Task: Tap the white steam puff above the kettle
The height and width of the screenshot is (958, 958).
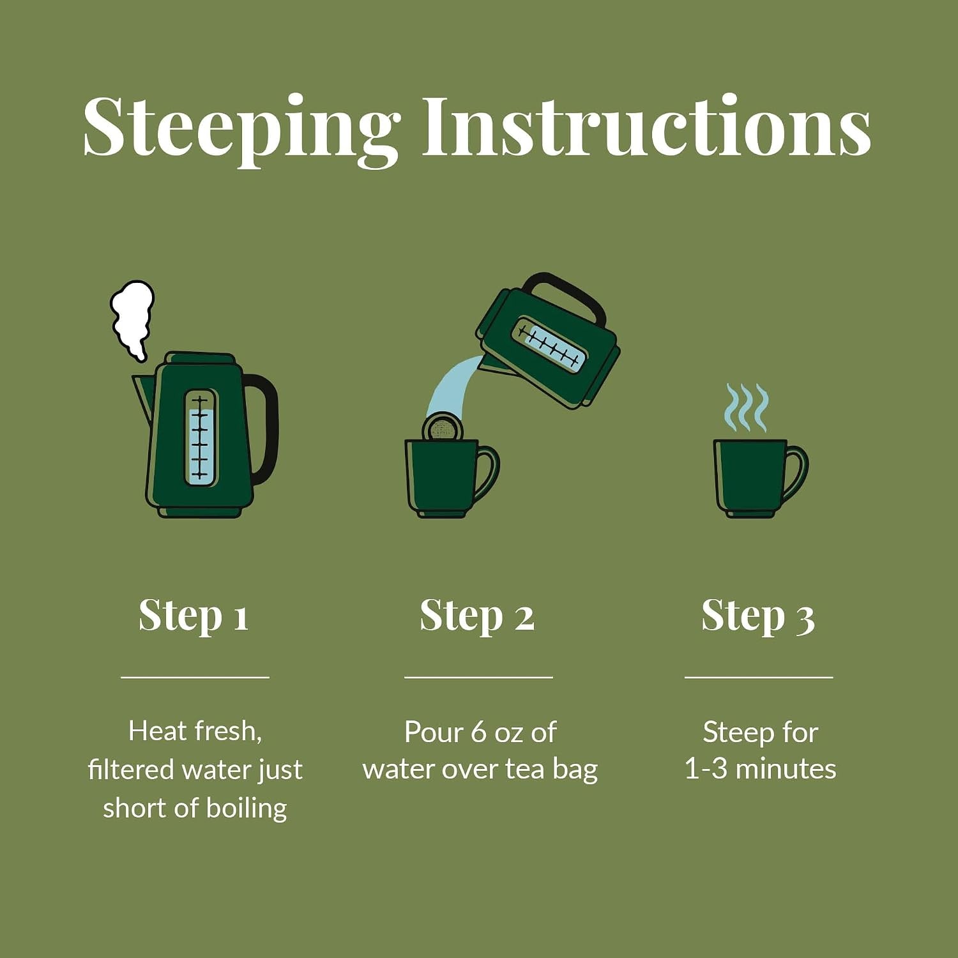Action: [132, 320]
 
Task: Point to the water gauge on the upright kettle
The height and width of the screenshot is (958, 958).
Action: [201, 438]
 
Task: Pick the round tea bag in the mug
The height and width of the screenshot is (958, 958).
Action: [441, 427]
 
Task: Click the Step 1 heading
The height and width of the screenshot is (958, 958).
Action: [194, 616]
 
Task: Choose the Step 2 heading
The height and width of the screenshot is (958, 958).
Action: [477, 616]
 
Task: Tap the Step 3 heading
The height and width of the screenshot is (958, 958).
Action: [758, 616]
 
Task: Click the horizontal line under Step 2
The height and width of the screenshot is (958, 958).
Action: [478, 676]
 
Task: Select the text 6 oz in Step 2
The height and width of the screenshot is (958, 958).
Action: [497, 732]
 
